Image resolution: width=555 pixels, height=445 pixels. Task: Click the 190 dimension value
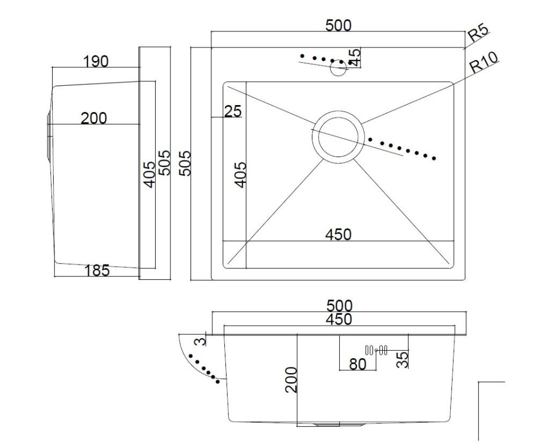[x=96, y=61]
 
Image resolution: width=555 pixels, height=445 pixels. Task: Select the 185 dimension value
[x=97, y=270]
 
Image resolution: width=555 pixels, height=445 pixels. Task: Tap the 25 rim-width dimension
[x=233, y=111]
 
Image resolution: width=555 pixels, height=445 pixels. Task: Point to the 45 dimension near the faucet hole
[x=355, y=57]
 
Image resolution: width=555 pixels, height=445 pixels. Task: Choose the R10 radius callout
[x=485, y=62]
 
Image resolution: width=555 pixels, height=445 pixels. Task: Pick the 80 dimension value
[x=358, y=364]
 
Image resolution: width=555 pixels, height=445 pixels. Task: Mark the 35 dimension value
[x=402, y=359]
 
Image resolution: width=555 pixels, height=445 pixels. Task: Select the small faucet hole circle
[x=339, y=69]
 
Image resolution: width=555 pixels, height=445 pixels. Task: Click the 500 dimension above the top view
[x=338, y=26]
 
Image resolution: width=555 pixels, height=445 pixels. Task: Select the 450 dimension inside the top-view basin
[x=338, y=234]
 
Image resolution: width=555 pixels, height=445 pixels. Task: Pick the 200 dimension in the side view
[x=94, y=118]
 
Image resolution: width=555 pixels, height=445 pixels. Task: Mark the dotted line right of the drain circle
[x=402, y=149]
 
